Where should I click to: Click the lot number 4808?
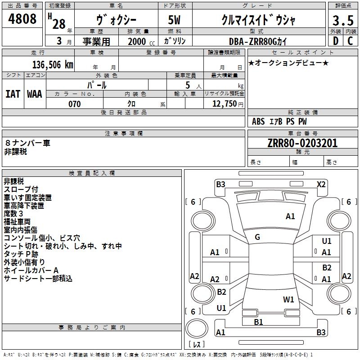22,18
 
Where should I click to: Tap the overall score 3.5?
343,20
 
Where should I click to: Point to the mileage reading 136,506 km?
53,65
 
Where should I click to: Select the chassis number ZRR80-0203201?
302,143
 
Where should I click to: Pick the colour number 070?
75,104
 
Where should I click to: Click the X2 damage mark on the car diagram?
321,184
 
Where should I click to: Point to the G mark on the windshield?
257,237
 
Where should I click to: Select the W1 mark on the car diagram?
288,299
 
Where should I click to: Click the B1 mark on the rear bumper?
258,322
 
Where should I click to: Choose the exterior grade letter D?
336,41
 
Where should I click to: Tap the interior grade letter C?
350,41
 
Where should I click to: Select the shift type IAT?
13,94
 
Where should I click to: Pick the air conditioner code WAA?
35,94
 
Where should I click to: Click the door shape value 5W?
174,20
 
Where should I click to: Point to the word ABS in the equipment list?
258,121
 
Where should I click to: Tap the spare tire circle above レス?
197,329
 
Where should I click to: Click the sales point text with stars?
288,63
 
